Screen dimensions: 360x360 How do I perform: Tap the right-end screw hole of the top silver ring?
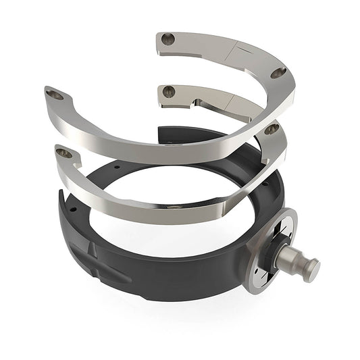278,72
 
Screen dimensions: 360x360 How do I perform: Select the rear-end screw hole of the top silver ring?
169,40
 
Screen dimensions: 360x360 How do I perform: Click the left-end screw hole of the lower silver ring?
64,153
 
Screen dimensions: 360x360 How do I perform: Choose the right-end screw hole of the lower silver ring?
272,128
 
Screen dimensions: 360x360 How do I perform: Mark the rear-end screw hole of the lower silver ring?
168,91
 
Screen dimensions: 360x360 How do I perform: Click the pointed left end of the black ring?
62,196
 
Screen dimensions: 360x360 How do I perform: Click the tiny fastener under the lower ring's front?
173,207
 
